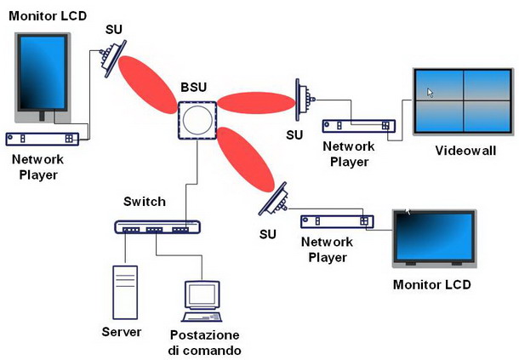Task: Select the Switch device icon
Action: click(x=157, y=227)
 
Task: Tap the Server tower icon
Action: click(x=124, y=292)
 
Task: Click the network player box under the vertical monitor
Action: click(x=43, y=138)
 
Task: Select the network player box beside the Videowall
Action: click(x=357, y=126)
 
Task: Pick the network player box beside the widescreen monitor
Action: click(x=337, y=221)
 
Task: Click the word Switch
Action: click(x=145, y=202)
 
